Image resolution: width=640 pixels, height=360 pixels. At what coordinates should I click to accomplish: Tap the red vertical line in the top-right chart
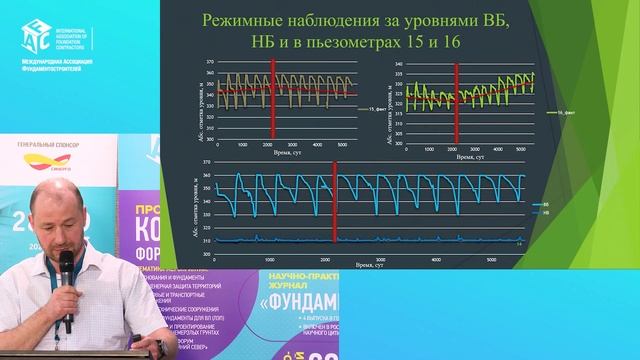pyautogui.click(x=455, y=106)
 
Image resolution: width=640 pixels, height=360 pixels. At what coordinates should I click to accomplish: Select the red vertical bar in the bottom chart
pyautogui.click(x=334, y=216)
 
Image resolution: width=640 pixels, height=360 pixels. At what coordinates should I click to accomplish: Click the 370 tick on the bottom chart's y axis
pyautogui.click(x=206, y=162)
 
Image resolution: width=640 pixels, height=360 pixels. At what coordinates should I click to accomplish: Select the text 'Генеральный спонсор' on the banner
pyautogui.click(x=49, y=145)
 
